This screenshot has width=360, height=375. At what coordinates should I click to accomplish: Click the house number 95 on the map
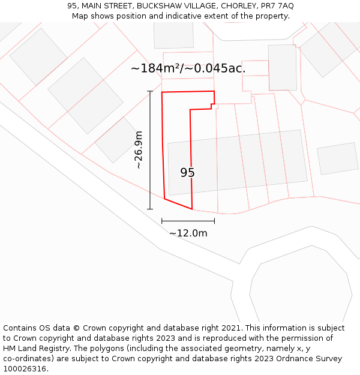pyautogui.click(x=187, y=173)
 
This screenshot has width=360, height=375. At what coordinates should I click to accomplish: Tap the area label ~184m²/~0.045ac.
pyautogui.click(x=188, y=68)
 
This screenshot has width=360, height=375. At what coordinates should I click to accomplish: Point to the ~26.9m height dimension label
pyautogui.click(x=139, y=149)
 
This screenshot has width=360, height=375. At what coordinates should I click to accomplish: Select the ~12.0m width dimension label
pyautogui.click(x=188, y=233)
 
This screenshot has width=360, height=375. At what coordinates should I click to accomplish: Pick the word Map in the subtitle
pyautogui.click(x=80, y=16)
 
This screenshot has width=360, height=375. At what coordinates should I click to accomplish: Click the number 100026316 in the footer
pyautogui.click(x=23, y=369)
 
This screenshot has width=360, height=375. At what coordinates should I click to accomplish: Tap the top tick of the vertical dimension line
pyautogui.click(x=150, y=91)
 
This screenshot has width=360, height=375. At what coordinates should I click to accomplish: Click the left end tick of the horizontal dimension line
pyautogui.click(x=162, y=221)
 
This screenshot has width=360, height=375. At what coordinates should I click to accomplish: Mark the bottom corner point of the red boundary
pyautogui.click(x=192, y=209)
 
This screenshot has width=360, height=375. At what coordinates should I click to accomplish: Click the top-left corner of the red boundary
pyautogui.click(x=162, y=92)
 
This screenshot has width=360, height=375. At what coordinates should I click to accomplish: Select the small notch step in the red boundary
pyautogui.click(x=212, y=107)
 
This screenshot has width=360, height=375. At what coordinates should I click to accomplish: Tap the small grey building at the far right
pyautogui.click(x=337, y=158)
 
